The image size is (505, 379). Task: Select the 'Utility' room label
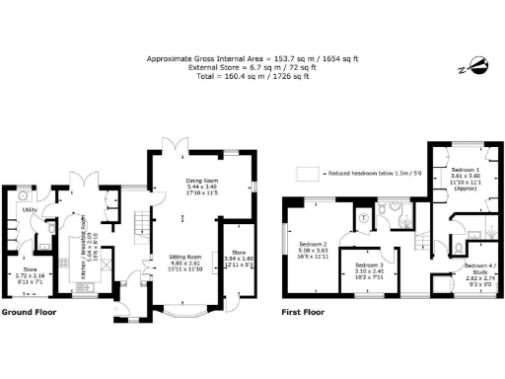click(31, 210)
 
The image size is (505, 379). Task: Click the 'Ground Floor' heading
click(29, 312)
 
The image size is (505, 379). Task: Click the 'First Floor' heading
click(301, 312)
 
